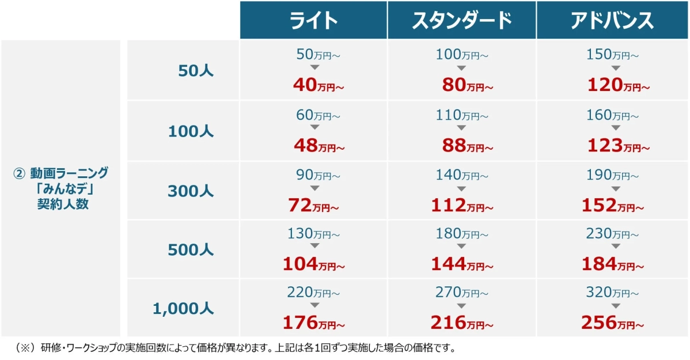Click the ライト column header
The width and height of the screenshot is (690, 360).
pos(313,21)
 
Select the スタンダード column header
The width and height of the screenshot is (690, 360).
pos(462,21)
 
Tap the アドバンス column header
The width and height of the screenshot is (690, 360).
pos(612,21)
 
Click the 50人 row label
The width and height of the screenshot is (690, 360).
pos(196,71)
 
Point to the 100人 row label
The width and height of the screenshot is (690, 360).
pos(191,131)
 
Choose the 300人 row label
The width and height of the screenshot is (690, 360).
pos(191,191)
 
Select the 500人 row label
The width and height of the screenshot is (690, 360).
pos(191,250)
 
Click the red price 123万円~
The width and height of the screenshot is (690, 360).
pos(619,146)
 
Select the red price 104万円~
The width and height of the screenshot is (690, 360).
pos(313,264)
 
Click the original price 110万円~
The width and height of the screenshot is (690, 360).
pos(462,116)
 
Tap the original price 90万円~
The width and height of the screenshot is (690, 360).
pos(318,175)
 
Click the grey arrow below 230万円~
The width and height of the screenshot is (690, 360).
pos(615,246)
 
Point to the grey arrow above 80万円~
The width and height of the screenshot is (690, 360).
pos(461,68)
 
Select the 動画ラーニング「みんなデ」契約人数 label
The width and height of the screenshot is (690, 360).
pos(60,188)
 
